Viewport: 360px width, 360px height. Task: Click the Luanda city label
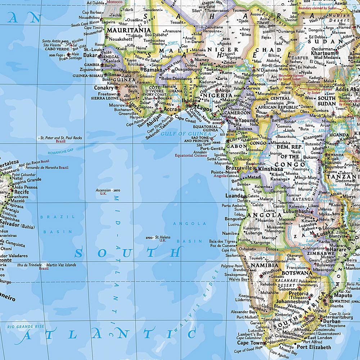tap(234, 196)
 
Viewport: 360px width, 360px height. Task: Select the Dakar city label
tap(90, 55)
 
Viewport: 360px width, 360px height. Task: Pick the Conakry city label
tap(103, 87)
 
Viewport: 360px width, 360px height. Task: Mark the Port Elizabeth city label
tap(314, 347)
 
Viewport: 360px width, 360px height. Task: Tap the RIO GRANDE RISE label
tap(25, 327)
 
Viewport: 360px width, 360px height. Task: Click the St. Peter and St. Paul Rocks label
tap(61, 138)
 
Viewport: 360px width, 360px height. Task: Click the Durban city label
tap(332, 321)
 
